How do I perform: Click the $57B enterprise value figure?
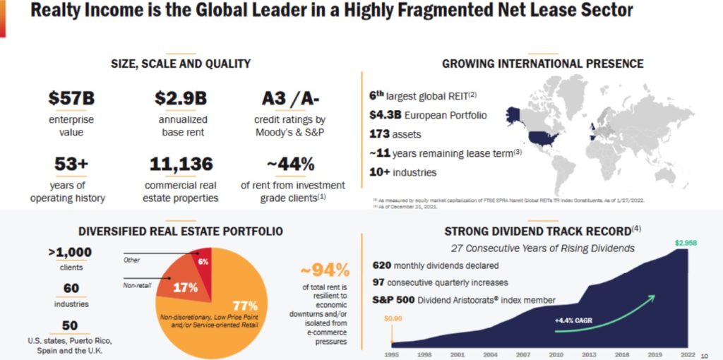pos(71,98)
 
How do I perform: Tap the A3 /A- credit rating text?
pos(290,98)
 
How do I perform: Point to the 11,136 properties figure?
pos(181,164)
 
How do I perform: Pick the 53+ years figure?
pos(71,164)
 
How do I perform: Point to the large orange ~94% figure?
pos(325,270)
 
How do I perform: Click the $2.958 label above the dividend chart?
pos(686,243)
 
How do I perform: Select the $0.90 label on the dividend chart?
pos(393,318)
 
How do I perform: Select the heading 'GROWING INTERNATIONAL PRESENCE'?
pos(542,64)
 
